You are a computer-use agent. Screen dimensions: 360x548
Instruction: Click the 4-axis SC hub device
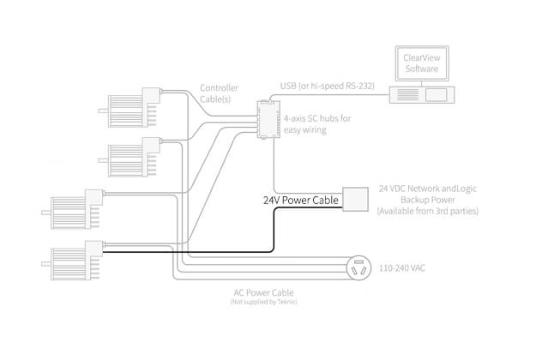(x=268, y=119)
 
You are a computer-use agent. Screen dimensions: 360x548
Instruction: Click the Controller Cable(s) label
(x=219, y=94)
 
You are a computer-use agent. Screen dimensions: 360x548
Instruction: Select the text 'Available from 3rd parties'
(x=427, y=211)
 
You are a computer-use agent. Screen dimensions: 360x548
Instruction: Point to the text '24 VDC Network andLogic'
(x=427, y=188)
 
